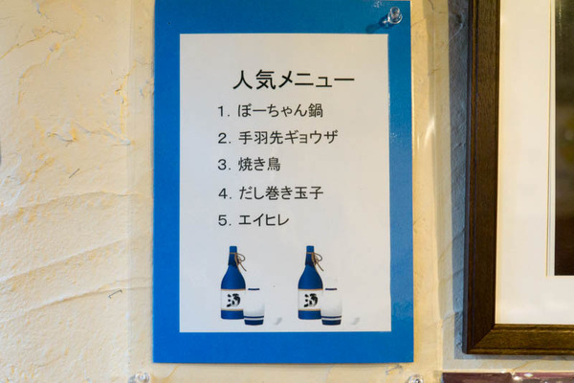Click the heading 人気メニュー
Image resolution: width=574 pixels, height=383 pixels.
[x=294, y=79]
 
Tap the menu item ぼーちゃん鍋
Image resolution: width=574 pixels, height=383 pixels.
[x=280, y=111]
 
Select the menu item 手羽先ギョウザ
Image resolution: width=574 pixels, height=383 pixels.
[x=288, y=138]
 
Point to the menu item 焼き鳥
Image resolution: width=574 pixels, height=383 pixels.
[x=259, y=164]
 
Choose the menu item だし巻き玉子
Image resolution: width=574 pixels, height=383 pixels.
[x=281, y=193]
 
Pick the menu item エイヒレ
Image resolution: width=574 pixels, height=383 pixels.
[x=264, y=220]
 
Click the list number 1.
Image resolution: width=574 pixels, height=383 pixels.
[x=223, y=111]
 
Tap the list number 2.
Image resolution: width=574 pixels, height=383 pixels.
[x=223, y=138]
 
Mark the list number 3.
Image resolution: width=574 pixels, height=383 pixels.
[x=223, y=165]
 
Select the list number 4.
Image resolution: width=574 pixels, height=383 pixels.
[x=224, y=193]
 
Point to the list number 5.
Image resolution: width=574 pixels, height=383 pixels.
[x=224, y=220]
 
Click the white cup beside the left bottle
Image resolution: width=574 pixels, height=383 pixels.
[x=254, y=306]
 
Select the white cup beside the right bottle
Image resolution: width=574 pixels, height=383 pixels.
[x=332, y=306]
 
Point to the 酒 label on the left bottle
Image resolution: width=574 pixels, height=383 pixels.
[x=232, y=301]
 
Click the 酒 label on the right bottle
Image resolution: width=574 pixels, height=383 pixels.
[x=310, y=301]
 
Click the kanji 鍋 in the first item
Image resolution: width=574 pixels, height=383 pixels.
[x=316, y=111]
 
